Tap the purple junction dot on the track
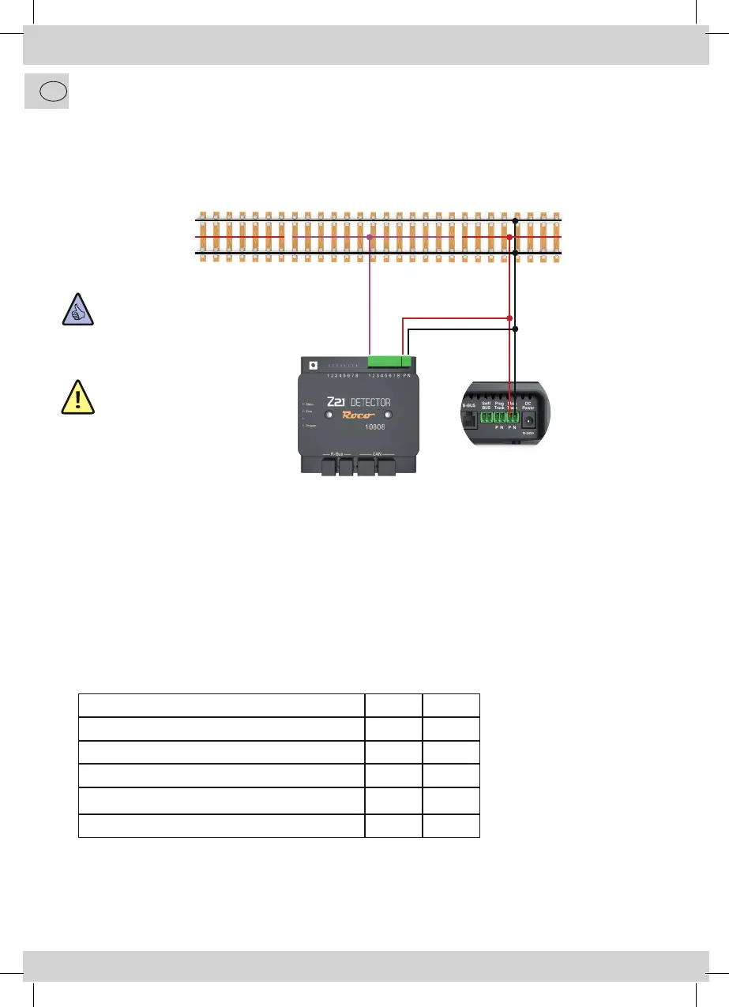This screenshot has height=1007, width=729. pyautogui.click(x=370, y=236)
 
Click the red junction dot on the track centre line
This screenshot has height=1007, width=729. pyautogui.click(x=509, y=236)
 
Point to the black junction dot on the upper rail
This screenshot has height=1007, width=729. pyautogui.click(x=515, y=220)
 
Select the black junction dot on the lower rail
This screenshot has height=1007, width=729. pyautogui.click(x=515, y=253)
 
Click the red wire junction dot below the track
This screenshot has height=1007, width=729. pyautogui.click(x=509, y=318)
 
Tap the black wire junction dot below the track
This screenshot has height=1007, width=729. pyautogui.click(x=515, y=329)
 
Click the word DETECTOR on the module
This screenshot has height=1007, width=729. pyautogui.click(x=370, y=402)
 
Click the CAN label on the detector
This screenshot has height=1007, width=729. pyautogui.click(x=377, y=454)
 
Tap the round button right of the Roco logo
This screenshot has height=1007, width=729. pyautogui.click(x=388, y=416)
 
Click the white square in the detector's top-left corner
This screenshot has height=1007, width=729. pyautogui.click(x=314, y=366)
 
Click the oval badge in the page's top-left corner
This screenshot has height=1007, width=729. pyautogui.click(x=47, y=92)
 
